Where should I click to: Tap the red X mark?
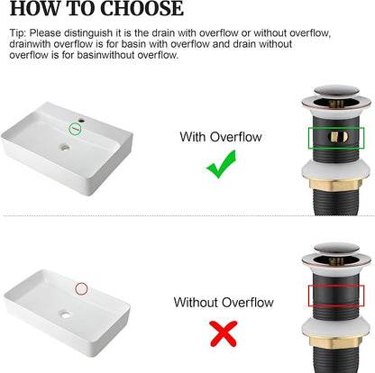224,333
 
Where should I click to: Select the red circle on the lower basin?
76,288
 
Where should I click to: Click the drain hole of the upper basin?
65,147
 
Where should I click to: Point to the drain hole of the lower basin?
65,314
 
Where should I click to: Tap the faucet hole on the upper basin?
81,121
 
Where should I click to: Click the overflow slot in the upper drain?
338,137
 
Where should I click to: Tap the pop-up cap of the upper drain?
336,91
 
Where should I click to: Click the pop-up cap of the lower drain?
336,249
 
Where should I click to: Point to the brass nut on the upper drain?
335,185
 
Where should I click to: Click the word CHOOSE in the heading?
142,8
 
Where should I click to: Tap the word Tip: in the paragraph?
18,32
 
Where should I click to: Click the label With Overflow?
221,137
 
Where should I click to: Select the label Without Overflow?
224,302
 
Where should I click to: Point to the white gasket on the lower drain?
335,328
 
